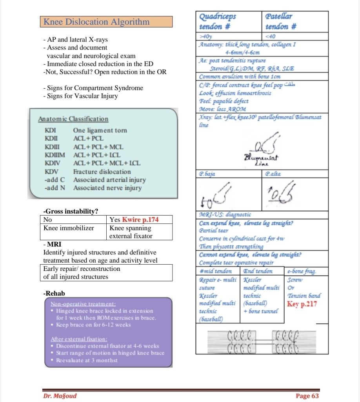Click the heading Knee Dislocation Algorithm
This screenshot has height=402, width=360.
click(x=96, y=22)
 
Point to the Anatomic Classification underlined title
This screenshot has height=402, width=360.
click(x=73, y=119)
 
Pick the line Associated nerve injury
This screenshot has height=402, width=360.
click(x=107, y=188)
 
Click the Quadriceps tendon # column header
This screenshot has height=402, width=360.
click(x=218, y=22)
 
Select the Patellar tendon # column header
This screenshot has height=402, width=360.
click(x=280, y=22)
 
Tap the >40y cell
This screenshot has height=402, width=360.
click(x=206, y=37)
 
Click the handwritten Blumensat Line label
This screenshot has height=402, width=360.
click(x=256, y=160)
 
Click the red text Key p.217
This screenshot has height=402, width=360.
click(x=302, y=304)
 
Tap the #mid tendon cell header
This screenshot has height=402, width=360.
click(x=216, y=271)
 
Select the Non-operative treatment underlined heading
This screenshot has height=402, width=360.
click(x=83, y=303)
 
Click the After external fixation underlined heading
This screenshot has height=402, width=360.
click(x=80, y=339)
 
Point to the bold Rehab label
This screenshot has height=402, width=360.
click(x=54, y=293)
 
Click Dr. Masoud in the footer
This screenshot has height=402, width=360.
click(x=60, y=396)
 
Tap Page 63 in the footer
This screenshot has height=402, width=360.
click(x=307, y=396)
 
